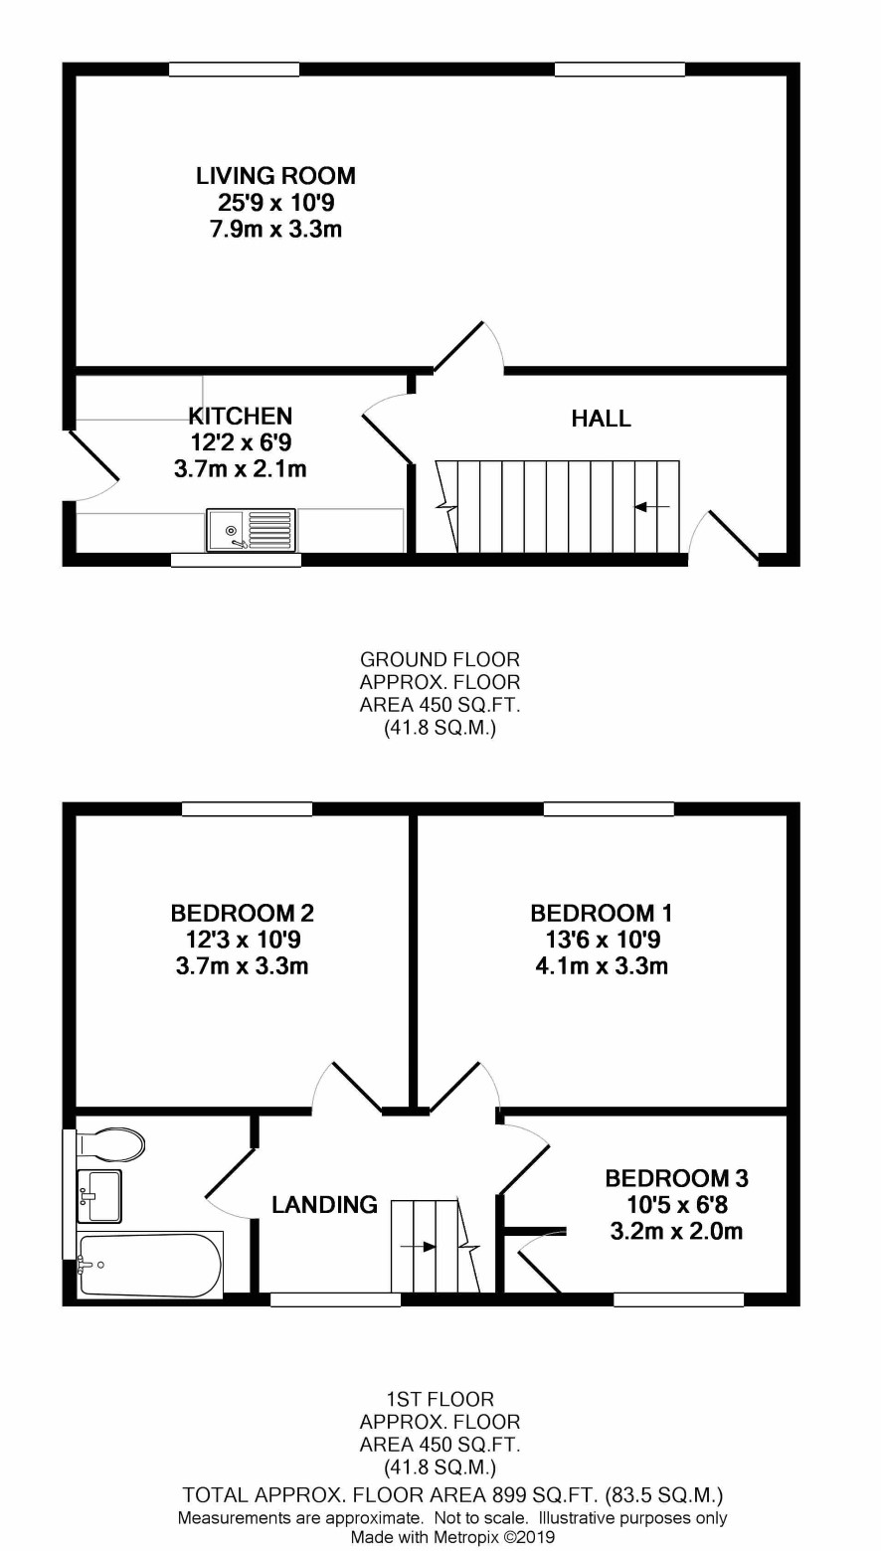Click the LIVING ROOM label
[x=275, y=176]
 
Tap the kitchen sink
[x=251, y=530]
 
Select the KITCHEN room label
[x=241, y=417]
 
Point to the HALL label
[x=602, y=419]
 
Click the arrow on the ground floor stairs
[x=651, y=507]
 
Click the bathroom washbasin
[x=99, y=1195]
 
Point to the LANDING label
[x=325, y=1205]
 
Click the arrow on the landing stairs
[x=419, y=1247]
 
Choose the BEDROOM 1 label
[x=602, y=914]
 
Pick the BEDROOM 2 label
[x=243, y=914]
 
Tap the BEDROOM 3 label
[x=677, y=1178]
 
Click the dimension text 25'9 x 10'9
[x=276, y=202]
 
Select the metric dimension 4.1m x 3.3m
[x=602, y=966]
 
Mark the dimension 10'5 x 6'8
[x=677, y=1205]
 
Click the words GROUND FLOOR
[x=440, y=659]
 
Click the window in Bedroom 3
[x=679, y=1299]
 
